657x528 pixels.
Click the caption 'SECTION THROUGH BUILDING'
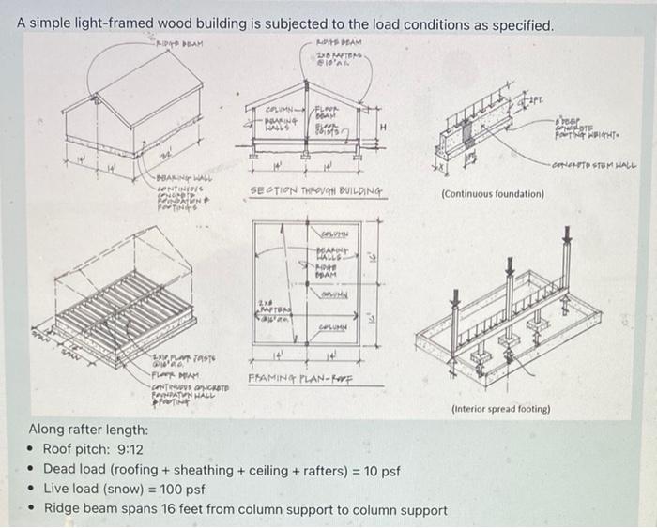315,190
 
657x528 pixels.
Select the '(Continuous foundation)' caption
492,194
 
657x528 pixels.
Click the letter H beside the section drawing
383,128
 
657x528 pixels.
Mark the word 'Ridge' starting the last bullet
62,511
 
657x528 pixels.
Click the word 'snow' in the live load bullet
142,490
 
